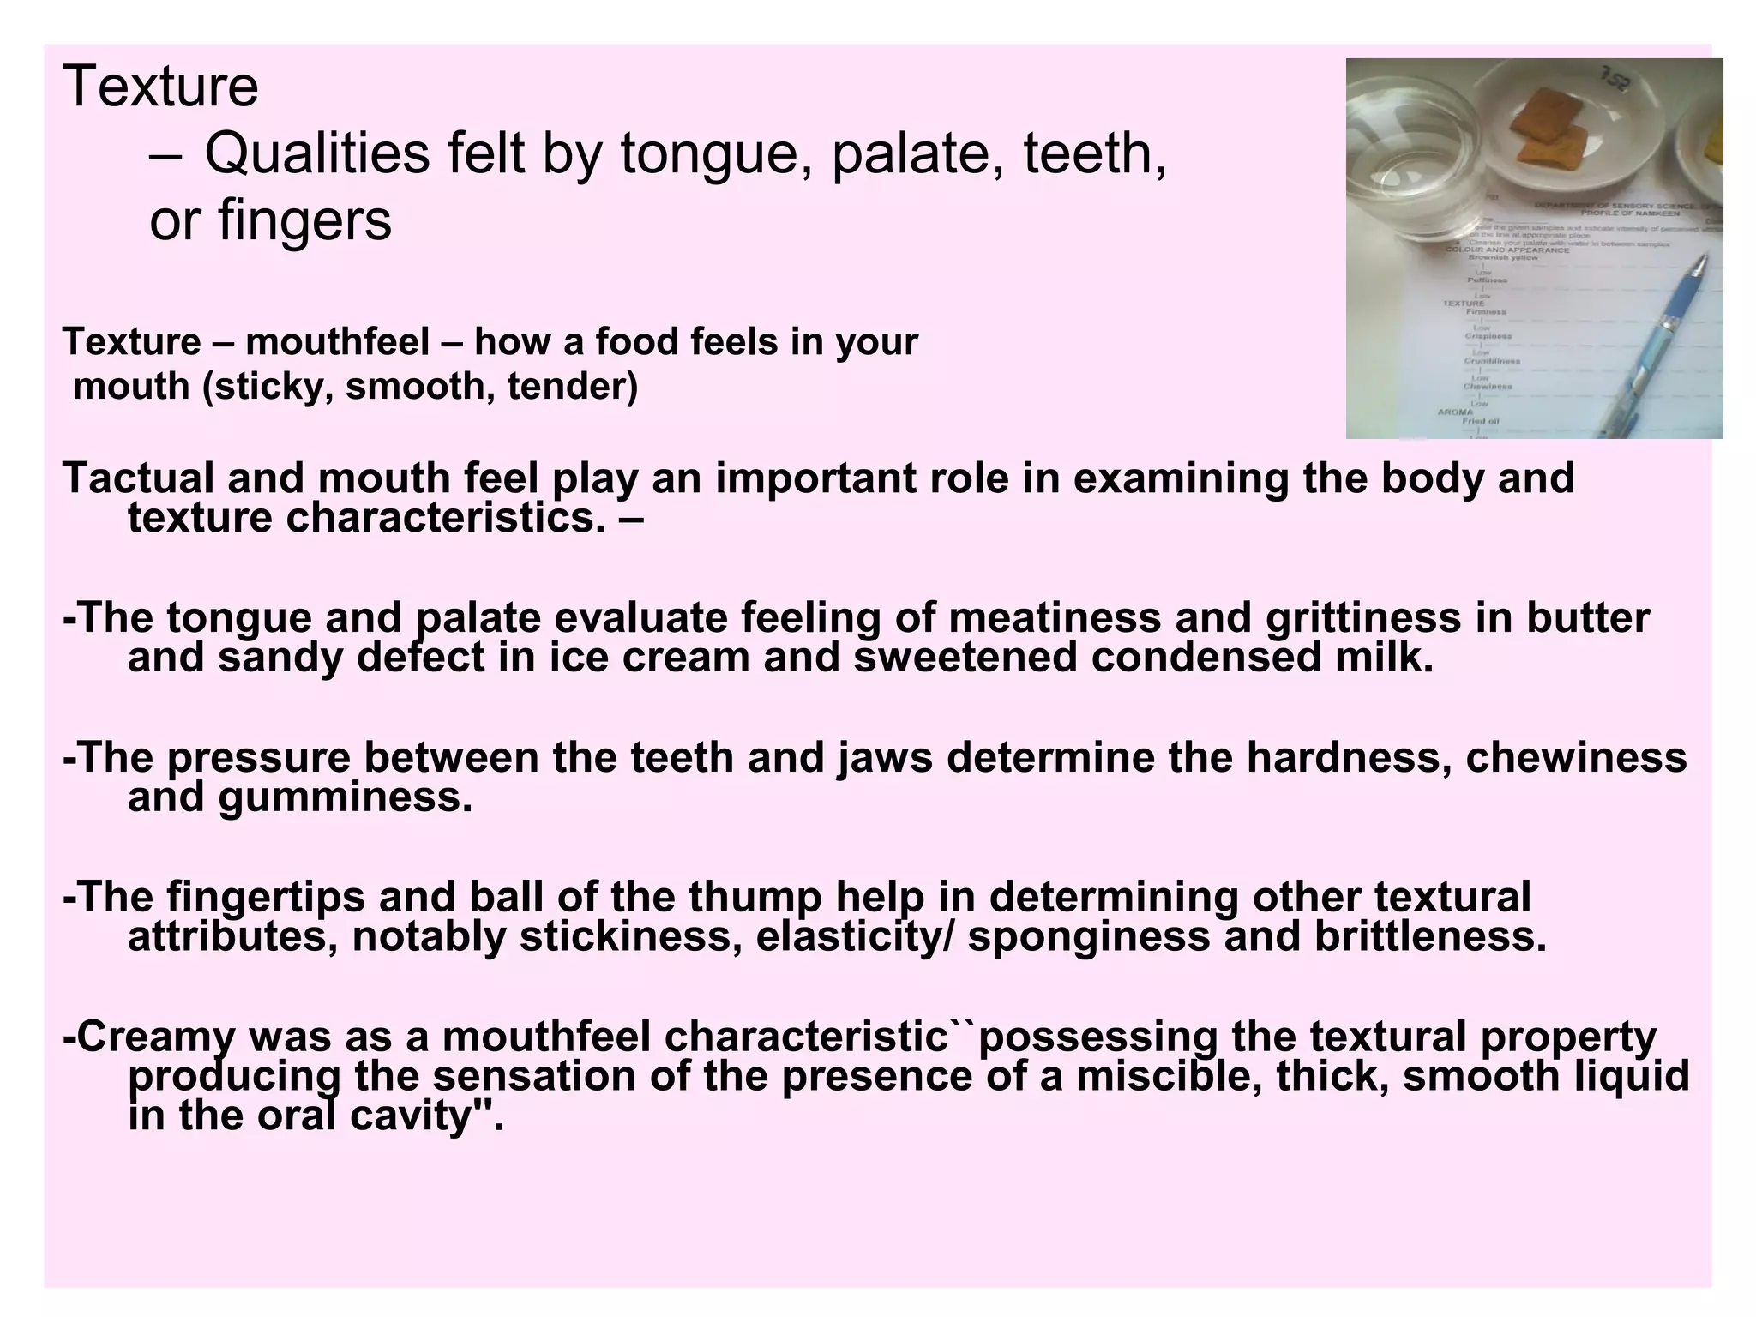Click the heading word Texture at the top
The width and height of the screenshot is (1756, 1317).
(x=160, y=87)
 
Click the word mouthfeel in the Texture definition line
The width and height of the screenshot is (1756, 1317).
(x=337, y=342)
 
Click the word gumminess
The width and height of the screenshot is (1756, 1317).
(x=344, y=797)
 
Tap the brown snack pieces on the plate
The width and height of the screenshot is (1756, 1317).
(x=1552, y=129)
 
